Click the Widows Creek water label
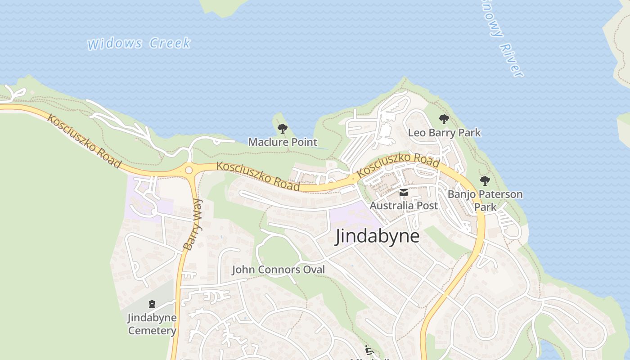click(139, 44)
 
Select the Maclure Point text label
click(283, 142)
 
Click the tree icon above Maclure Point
click(282, 129)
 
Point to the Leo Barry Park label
click(444, 133)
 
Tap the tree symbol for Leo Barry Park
click(444, 119)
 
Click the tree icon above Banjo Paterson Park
click(485, 181)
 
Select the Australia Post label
click(404, 206)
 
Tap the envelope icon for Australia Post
click(404, 193)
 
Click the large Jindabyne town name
click(377, 236)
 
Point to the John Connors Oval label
click(278, 270)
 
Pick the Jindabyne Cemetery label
click(152, 324)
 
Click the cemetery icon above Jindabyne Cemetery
click(152, 305)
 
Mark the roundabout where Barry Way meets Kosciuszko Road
click(189, 170)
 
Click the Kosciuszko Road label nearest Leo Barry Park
click(398, 165)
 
